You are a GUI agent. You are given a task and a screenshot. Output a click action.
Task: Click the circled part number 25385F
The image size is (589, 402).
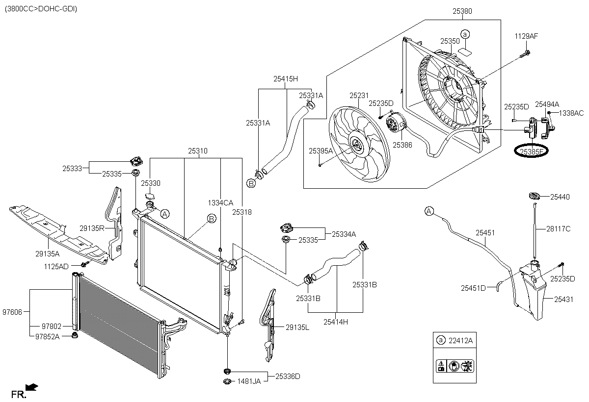coord(529,151)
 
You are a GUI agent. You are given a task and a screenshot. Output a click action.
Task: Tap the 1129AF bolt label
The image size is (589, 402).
coord(526,36)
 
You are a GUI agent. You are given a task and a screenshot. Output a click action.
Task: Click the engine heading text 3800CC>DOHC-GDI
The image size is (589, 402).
coord(41,9)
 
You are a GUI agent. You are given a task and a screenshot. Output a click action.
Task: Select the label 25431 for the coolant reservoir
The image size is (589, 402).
coord(563,299)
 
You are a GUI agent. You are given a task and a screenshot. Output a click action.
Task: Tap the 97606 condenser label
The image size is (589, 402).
coord(13,311)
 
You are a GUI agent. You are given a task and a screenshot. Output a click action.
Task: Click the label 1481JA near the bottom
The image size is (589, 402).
coord(249,381)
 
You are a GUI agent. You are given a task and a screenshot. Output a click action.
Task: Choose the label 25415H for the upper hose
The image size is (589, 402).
coord(286,78)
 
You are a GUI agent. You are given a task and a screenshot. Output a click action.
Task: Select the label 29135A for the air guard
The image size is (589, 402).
coord(48,253)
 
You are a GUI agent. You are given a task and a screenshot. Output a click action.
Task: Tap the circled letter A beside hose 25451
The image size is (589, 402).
coord(429,211)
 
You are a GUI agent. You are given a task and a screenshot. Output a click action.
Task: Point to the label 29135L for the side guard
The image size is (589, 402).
coord(297,327)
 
